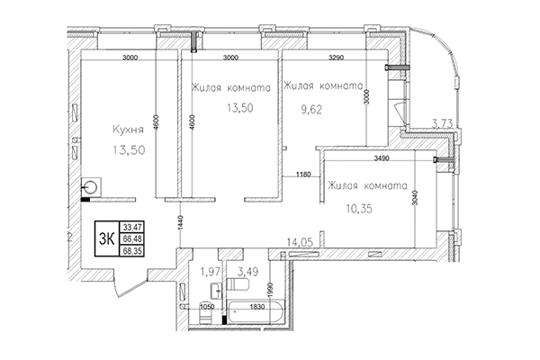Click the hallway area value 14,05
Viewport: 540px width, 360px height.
coord(299,241)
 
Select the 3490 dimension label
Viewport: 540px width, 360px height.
coord(382,159)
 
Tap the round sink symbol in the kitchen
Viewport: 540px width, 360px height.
coord(92,188)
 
